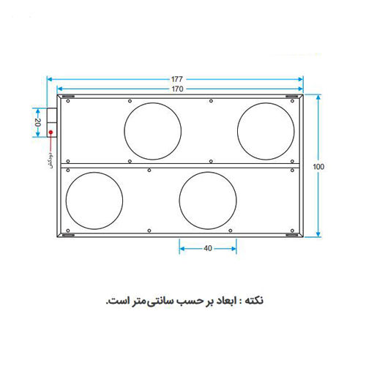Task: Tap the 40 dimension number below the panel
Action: [x=208, y=249]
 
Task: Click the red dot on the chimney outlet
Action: [x=51, y=132]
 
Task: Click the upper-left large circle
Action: [x=152, y=130]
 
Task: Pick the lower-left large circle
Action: [x=95, y=199]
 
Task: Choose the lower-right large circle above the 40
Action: [x=208, y=199]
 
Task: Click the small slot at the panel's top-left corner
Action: [x=67, y=99]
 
